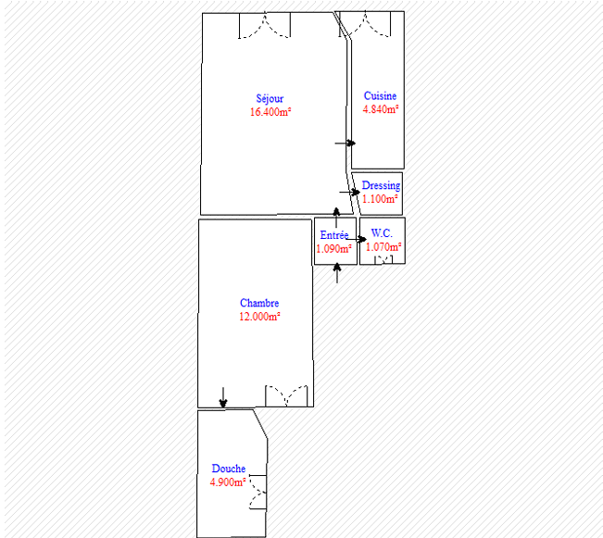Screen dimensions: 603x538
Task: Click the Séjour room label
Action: (x=270, y=99)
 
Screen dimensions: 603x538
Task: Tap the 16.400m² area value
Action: (x=270, y=112)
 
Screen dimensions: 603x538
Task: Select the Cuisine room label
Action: (x=380, y=95)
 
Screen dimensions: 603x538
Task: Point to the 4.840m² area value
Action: (x=381, y=109)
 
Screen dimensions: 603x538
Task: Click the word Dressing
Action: (x=381, y=186)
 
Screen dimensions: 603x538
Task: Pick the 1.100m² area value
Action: (x=380, y=199)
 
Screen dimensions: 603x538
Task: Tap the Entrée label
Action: (x=334, y=235)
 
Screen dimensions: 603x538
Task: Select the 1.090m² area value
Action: (x=333, y=249)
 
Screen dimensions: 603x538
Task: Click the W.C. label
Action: (x=382, y=233)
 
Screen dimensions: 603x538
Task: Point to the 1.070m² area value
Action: (x=383, y=247)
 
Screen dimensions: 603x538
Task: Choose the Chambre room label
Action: (x=259, y=303)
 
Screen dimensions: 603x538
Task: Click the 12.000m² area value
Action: (x=259, y=317)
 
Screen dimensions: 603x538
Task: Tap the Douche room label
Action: (x=229, y=469)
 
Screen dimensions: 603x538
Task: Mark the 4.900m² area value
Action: (x=228, y=482)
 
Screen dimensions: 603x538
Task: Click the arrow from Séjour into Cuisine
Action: (x=345, y=143)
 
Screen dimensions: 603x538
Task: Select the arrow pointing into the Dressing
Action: (x=349, y=192)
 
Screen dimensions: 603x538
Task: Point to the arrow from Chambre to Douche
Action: (x=223, y=397)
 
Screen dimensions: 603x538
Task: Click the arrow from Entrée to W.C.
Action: (x=356, y=239)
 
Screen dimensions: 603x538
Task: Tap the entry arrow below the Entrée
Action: (x=337, y=273)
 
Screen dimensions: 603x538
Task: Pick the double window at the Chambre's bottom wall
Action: (x=286, y=395)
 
